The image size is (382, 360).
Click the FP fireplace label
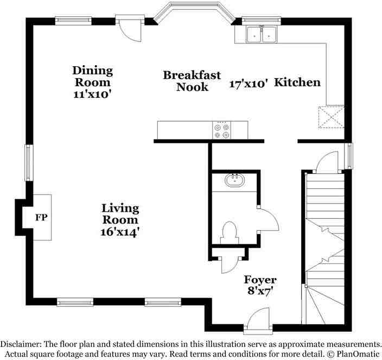[x=41, y=218]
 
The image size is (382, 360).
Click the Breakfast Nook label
[x=192, y=80]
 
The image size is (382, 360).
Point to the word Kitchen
[x=297, y=83]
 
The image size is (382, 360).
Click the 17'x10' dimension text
[x=249, y=84]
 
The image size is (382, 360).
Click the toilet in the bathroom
[x=230, y=235]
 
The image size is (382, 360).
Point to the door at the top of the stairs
[x=328, y=161]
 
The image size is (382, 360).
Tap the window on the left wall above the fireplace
[x=28, y=162]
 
